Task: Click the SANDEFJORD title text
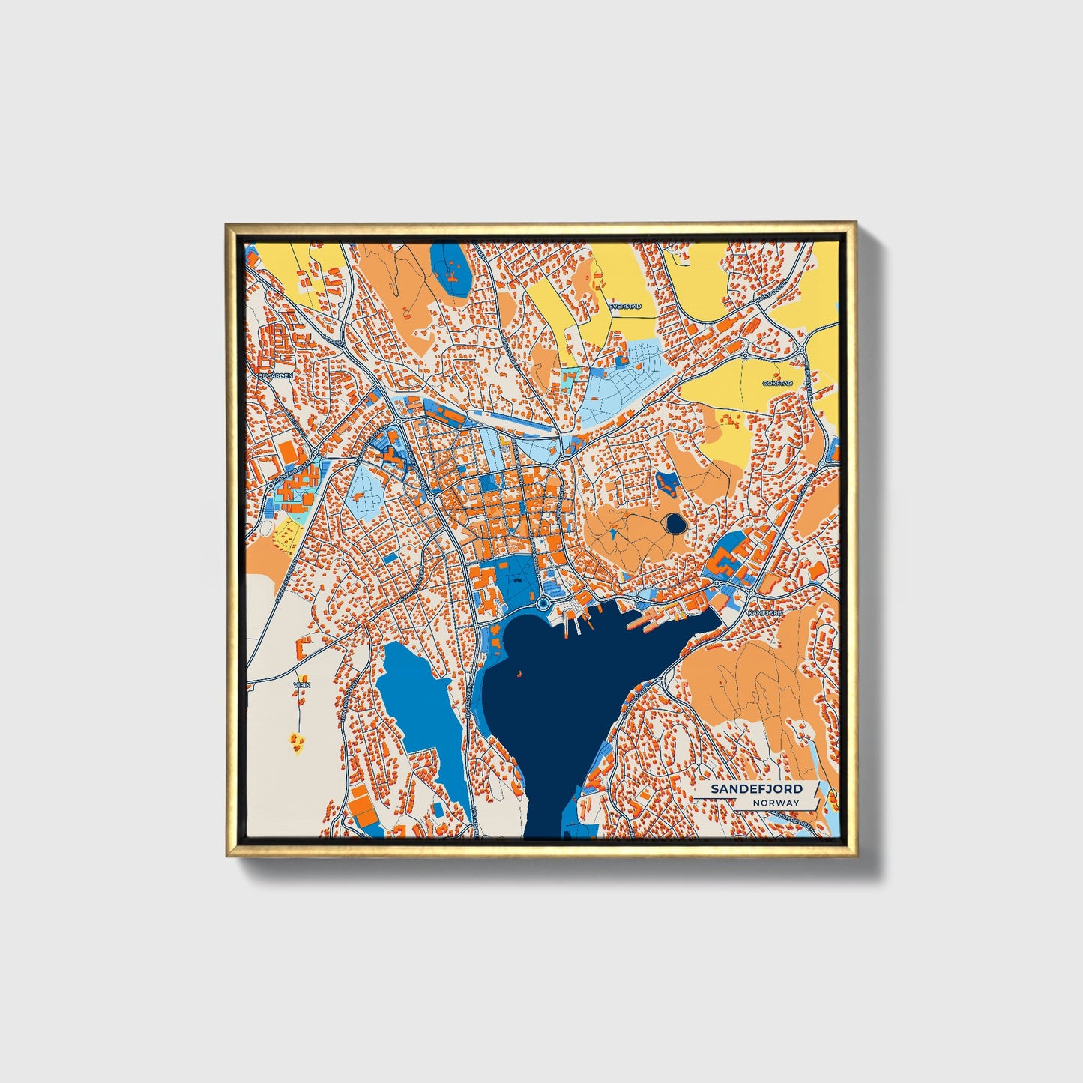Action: (x=756, y=789)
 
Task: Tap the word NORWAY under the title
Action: (x=776, y=803)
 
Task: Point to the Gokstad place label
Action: (x=776, y=383)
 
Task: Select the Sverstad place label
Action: (x=624, y=307)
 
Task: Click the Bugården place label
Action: (x=274, y=375)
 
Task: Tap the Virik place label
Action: (x=302, y=684)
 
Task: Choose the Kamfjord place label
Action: (x=765, y=612)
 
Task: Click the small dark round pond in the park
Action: (x=675, y=523)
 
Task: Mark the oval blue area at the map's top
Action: (x=451, y=269)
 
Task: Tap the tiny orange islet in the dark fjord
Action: (x=518, y=673)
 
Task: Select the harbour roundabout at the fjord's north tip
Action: (x=543, y=603)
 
